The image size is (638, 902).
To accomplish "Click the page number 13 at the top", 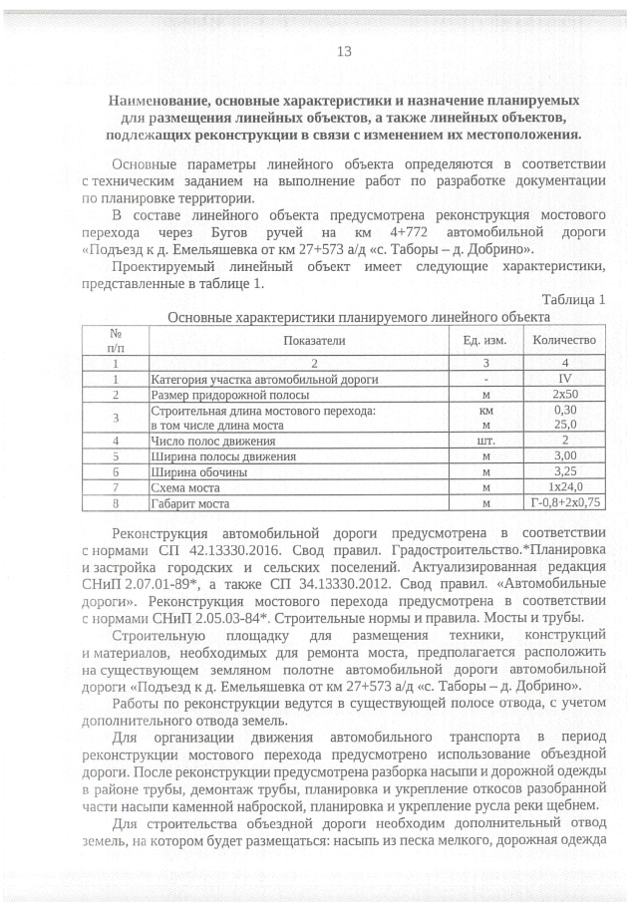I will pos(345,52).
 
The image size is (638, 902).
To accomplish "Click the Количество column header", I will pos(564,340).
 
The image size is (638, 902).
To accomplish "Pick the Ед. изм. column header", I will pos(485,340).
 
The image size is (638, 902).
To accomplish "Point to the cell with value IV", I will pos(564,380).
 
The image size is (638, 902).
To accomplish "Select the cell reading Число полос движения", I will pos(212,440).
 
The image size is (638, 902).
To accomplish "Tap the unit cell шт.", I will pos(485,440).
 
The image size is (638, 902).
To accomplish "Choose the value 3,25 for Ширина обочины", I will pos(564,471).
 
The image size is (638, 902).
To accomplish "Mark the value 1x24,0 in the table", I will pos(564,488).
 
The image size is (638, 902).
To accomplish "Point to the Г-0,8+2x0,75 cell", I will pos(564,504).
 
